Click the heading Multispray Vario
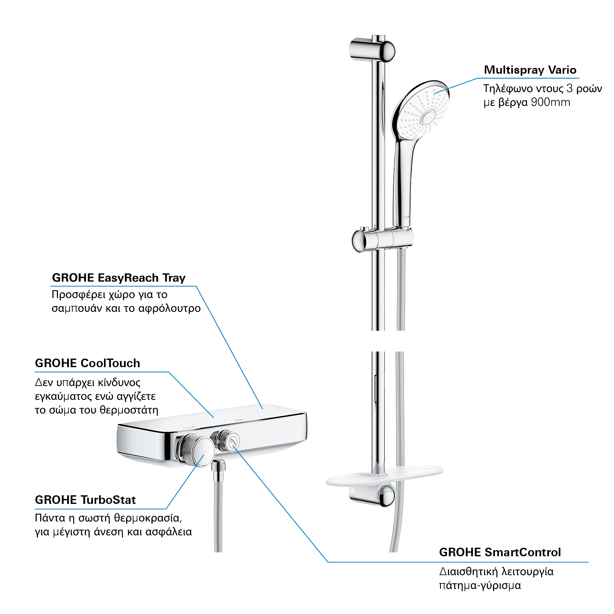[530, 70]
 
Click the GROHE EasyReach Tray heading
[119, 278]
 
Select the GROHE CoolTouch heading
[88, 363]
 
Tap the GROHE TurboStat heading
[86, 500]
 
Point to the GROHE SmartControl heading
[500, 552]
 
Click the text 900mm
[551, 102]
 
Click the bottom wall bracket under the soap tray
[372, 495]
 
